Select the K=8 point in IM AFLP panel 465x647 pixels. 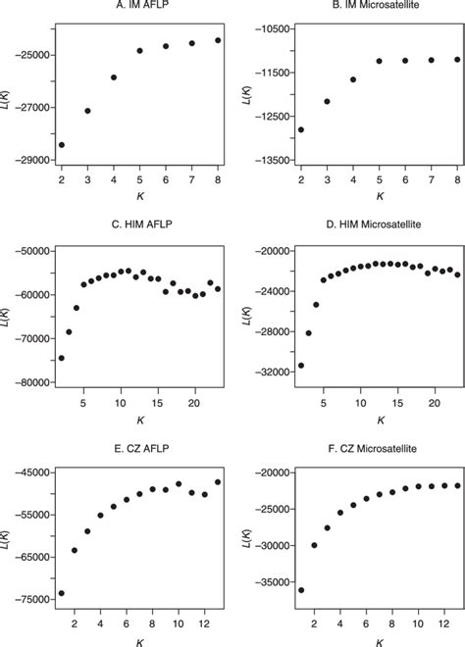pyautogui.click(x=218, y=40)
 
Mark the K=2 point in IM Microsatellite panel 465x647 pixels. pyautogui.click(x=300, y=129)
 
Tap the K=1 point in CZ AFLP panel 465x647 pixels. pyautogui.click(x=62, y=593)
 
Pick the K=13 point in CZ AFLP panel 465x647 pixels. pyautogui.click(x=218, y=481)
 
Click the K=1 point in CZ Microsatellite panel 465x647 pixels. pyautogui.click(x=300, y=590)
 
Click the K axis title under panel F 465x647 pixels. pyautogui.click(x=379, y=641)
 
